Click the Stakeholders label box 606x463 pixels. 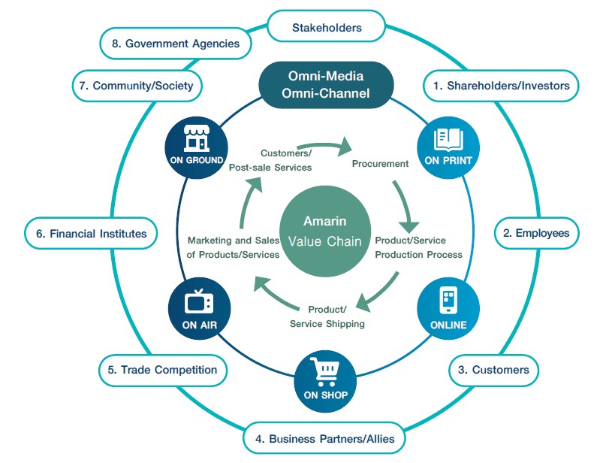pyautogui.click(x=327, y=28)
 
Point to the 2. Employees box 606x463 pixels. pyautogui.click(x=535, y=233)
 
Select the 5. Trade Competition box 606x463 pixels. pyautogui.click(x=162, y=369)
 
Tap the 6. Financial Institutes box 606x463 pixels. pyautogui.click(x=92, y=233)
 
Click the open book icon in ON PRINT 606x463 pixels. pyautogui.click(x=449, y=138)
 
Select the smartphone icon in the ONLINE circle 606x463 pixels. pyautogui.click(x=449, y=299)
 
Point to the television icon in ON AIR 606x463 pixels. pyautogui.click(x=199, y=301)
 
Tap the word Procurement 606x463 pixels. pyautogui.click(x=381, y=163)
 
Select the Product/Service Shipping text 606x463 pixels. pyautogui.click(x=327, y=316)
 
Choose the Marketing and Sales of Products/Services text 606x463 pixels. pyautogui.click(x=233, y=247)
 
